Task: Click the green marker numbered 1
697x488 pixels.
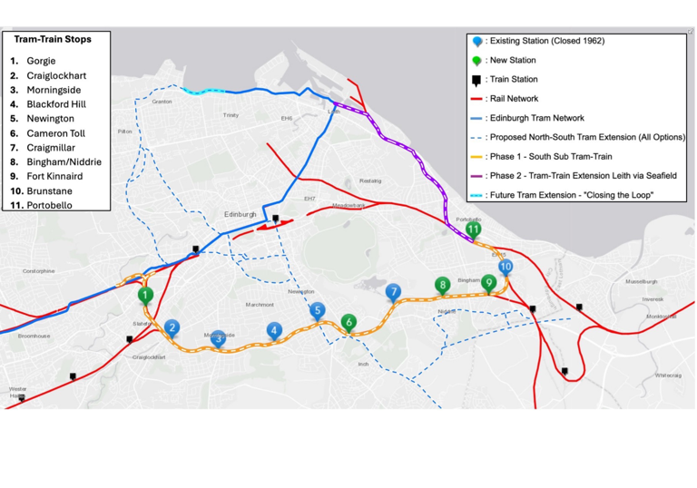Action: (145, 295)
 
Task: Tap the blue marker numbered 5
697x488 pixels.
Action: (317, 311)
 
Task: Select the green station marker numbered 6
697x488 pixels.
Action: (348, 322)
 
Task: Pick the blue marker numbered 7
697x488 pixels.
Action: (393, 292)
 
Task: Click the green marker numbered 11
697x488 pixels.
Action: (473, 230)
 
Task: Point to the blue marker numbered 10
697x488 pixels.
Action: (506, 267)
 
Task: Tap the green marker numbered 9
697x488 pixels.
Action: (489, 283)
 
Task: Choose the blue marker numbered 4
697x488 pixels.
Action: (275, 331)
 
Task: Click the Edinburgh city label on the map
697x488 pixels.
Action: (241, 214)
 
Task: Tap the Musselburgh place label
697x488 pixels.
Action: (641, 281)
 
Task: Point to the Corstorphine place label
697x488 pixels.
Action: (39, 270)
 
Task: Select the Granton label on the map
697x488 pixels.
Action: (162, 102)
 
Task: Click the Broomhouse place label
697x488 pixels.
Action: (34, 336)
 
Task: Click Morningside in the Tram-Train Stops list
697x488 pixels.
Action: (54, 90)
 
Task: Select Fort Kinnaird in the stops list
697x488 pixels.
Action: (54, 176)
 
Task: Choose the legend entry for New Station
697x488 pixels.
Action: (512, 61)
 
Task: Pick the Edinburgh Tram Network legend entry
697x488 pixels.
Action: (535, 118)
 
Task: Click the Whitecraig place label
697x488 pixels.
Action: (668, 374)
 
